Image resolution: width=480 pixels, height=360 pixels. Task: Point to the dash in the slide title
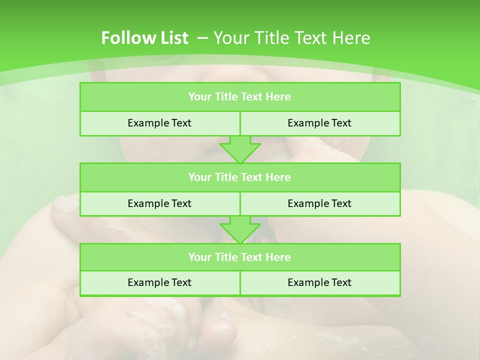(202, 38)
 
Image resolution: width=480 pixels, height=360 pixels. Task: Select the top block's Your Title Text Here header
(239, 97)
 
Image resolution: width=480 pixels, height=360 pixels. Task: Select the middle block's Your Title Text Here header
(239, 177)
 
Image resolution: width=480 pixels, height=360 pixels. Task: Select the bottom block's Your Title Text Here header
(239, 257)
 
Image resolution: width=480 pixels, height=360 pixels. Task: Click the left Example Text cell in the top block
(159, 123)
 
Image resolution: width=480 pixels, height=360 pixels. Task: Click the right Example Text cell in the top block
(319, 123)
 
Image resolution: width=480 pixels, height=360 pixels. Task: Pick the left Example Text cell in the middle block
(159, 203)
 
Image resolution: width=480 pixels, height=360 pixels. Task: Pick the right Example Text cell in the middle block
(319, 203)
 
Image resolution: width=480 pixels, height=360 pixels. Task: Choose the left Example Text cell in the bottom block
(159, 282)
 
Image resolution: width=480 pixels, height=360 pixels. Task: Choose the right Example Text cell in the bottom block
(319, 282)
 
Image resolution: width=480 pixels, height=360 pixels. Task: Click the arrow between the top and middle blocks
(240, 149)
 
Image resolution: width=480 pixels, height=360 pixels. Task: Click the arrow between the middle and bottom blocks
(240, 229)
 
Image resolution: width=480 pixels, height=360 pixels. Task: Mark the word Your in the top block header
(199, 97)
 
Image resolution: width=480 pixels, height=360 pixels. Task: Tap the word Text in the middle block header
(252, 177)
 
